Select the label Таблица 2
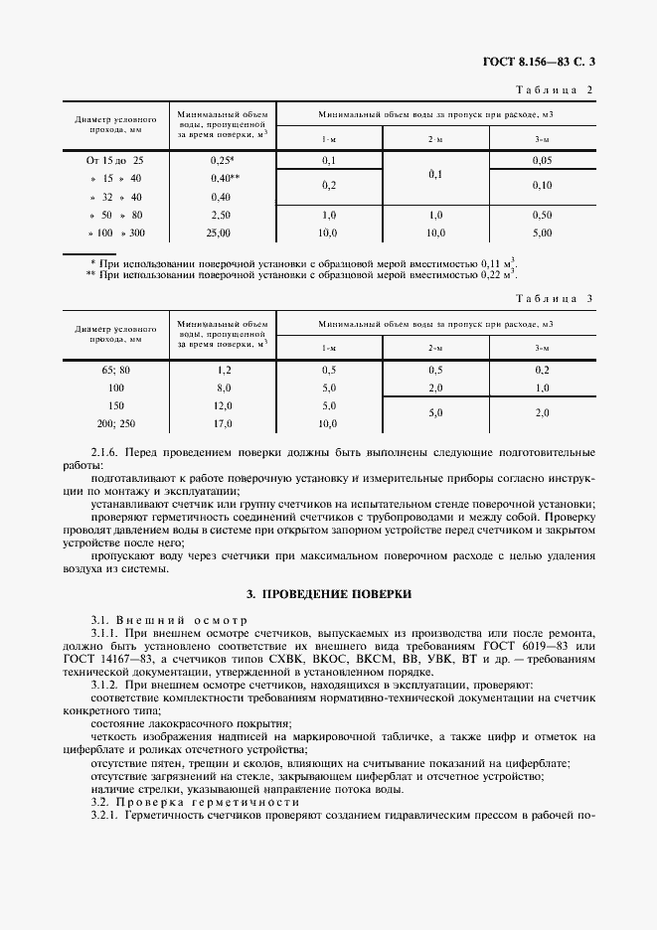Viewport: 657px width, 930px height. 556,90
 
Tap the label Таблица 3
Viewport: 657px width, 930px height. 556,298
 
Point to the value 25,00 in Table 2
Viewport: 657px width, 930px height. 219,232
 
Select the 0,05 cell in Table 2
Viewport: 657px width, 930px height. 542,160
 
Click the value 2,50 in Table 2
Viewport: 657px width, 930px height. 220,215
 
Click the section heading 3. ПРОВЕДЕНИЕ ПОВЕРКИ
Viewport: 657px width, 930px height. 329,593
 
